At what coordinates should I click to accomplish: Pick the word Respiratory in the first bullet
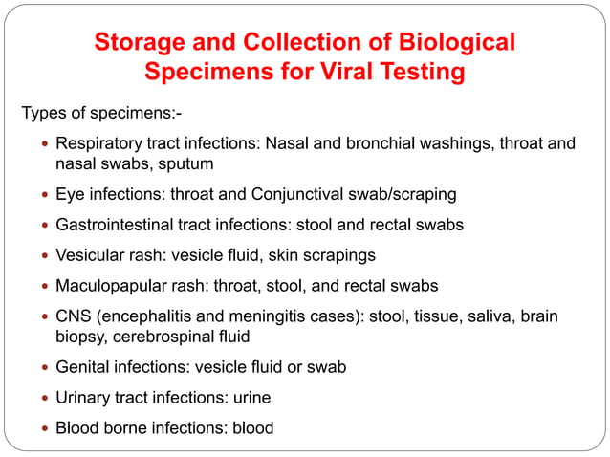pyautogui.click(x=103, y=144)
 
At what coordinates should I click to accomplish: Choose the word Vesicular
pyautogui.click(x=94, y=256)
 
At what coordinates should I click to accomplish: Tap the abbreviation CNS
pyautogui.click(x=74, y=316)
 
